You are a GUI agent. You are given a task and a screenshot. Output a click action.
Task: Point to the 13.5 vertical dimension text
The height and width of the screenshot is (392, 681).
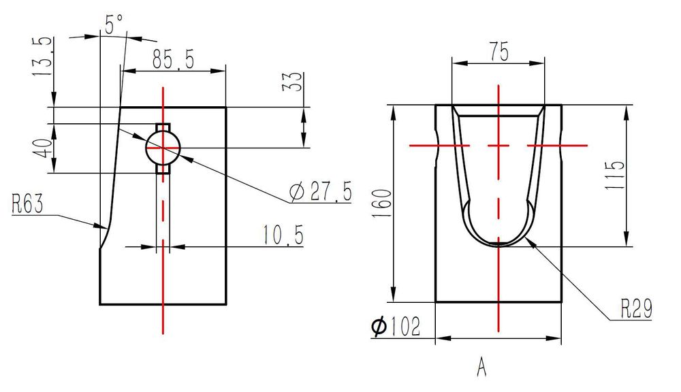tap(43, 56)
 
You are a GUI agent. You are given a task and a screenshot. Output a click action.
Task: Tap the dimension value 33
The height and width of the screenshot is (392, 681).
tap(292, 81)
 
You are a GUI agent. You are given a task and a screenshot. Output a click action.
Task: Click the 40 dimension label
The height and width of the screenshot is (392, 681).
tap(44, 148)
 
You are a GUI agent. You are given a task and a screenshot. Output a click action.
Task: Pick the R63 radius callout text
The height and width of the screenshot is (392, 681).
tap(27, 203)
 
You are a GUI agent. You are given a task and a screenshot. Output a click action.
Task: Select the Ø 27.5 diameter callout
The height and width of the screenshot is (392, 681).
tap(321, 191)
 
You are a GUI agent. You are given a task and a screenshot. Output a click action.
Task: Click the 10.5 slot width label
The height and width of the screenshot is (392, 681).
tap(283, 235)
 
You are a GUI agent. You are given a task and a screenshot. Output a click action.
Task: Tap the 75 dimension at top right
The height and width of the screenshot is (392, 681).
tap(498, 51)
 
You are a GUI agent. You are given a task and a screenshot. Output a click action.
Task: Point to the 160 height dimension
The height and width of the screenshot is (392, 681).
tap(383, 204)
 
